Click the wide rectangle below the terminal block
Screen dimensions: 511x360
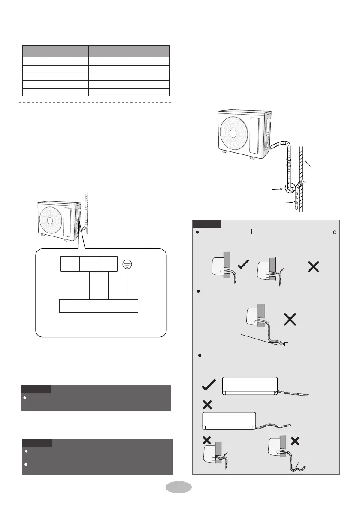(98, 306)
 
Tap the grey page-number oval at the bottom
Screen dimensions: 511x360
(178, 487)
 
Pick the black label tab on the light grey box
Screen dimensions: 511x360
(206, 224)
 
